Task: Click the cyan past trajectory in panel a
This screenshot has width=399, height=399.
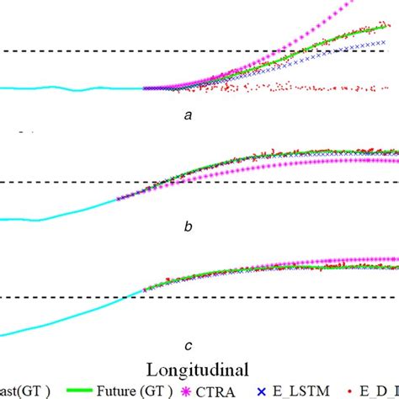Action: click(x=67, y=88)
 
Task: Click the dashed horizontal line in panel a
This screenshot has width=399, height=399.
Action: click(x=84, y=51)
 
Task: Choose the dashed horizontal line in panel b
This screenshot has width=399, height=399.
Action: click(x=67, y=182)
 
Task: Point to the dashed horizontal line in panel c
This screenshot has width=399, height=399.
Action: click(x=67, y=296)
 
